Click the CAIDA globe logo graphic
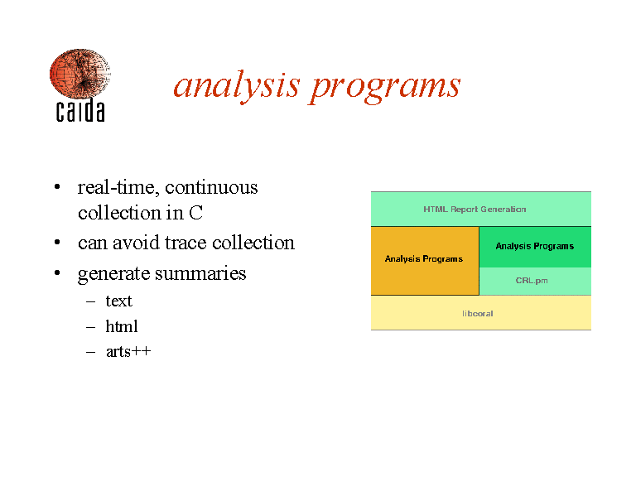(79, 74)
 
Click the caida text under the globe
(80, 110)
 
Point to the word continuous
(211, 187)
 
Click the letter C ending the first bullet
(196, 213)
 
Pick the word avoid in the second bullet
(137, 243)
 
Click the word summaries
(200, 273)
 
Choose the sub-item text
(119, 301)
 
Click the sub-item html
(122, 326)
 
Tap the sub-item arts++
(128, 351)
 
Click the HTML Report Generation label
(475, 210)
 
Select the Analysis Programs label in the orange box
(424, 258)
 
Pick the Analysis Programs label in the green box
(535, 246)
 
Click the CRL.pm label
(532, 281)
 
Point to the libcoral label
(477, 314)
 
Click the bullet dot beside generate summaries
(57, 273)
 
